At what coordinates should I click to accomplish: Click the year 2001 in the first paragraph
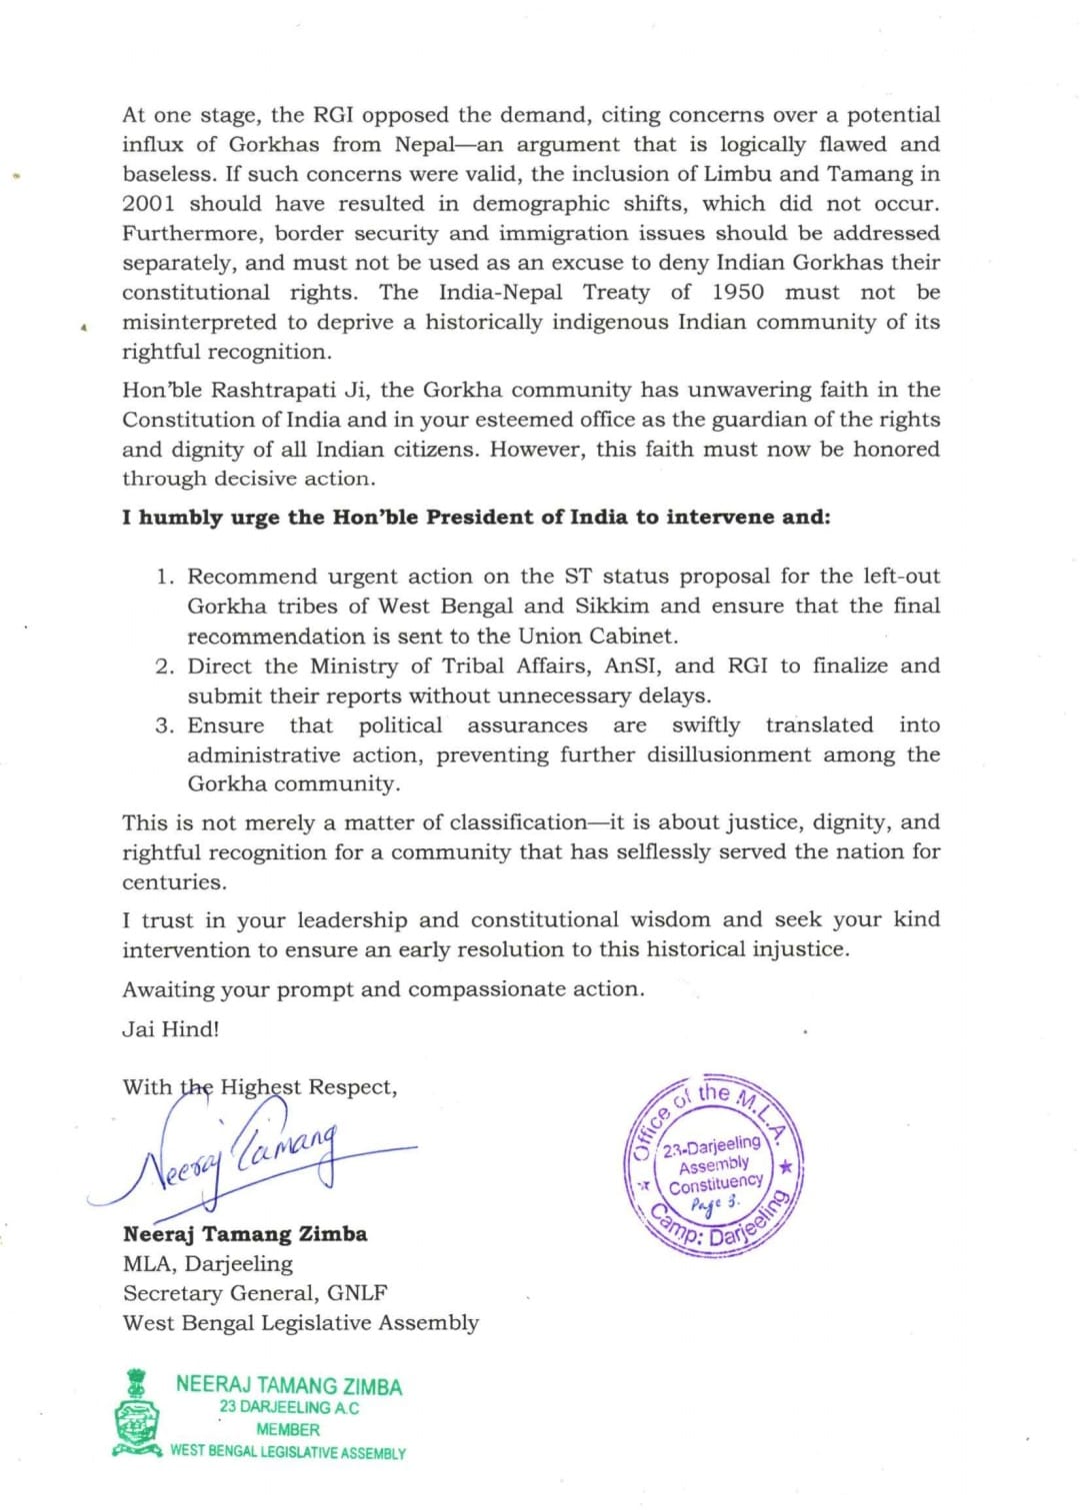point(149,204)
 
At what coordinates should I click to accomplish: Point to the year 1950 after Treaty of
point(737,293)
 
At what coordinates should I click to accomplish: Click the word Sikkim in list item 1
point(611,607)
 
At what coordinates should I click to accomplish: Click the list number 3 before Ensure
point(164,726)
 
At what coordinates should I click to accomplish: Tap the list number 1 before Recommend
point(164,577)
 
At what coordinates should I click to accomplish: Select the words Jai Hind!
point(171,1029)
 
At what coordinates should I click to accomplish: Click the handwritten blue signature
point(250,1159)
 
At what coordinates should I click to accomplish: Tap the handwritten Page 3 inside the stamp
point(715,1203)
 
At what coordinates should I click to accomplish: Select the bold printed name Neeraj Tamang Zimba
point(245,1234)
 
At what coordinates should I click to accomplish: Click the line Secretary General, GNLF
point(255,1293)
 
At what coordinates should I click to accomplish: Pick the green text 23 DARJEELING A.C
point(289,1408)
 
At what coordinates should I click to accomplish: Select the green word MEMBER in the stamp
point(288,1430)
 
